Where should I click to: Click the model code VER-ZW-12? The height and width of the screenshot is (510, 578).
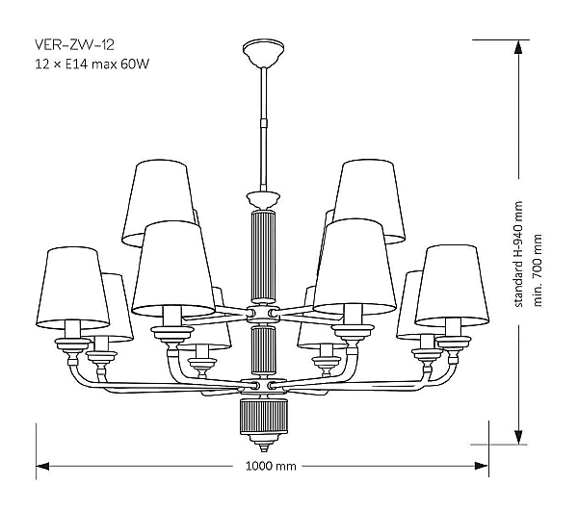[x=74, y=44]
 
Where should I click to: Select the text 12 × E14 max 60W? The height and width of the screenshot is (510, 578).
[x=92, y=64]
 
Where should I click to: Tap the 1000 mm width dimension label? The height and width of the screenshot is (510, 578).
[x=271, y=466]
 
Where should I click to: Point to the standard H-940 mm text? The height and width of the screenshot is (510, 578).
[x=518, y=254]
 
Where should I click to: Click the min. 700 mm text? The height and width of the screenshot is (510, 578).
[x=538, y=269]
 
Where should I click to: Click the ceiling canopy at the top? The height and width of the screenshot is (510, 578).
[x=263, y=53]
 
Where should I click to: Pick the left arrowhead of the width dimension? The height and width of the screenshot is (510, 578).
[x=42, y=466]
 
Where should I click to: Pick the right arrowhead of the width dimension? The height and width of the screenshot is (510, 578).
[x=482, y=466]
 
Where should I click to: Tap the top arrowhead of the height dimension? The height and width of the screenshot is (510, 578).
[x=518, y=47]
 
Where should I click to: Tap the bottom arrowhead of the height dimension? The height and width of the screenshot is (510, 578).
[x=518, y=437]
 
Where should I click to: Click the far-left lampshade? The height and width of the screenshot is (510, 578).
[x=72, y=287]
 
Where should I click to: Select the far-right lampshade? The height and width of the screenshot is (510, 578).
[x=452, y=286]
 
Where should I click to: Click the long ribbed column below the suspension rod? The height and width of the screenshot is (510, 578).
[x=263, y=257]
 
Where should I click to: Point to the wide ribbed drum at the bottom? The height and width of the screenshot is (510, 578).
[x=264, y=416]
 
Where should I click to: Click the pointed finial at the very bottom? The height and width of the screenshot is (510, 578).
[x=264, y=446]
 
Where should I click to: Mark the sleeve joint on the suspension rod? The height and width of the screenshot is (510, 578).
[x=264, y=122]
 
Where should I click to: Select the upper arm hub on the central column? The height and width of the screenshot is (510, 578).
[x=263, y=314]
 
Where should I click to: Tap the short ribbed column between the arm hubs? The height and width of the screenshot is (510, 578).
[x=263, y=350]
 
